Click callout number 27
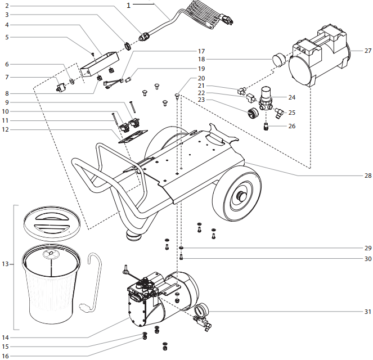[x=368, y=51]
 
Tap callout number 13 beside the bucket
[x=6, y=264]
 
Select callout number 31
[x=368, y=311]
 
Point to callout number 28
[x=368, y=175]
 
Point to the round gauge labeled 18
[x=279, y=60]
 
